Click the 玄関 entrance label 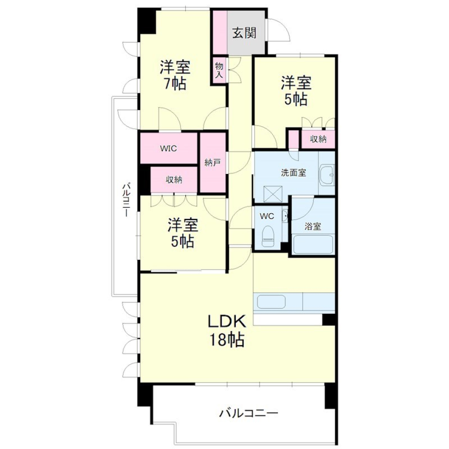coord(244,33)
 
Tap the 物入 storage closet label coord(219,71)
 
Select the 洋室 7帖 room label coord(174,75)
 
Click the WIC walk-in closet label coord(168,149)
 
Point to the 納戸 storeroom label coord(212,163)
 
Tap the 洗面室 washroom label coord(294,173)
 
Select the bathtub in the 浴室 coord(313,244)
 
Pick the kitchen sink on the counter coord(271,302)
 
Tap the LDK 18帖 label coord(227,331)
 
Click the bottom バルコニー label coord(248,413)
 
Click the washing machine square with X coord(273,195)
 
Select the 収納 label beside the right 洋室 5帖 coord(318,139)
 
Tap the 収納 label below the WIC coord(174,180)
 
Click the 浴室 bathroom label coord(313,227)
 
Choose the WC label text coord(267,216)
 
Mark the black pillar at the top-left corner coord(147,21)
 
